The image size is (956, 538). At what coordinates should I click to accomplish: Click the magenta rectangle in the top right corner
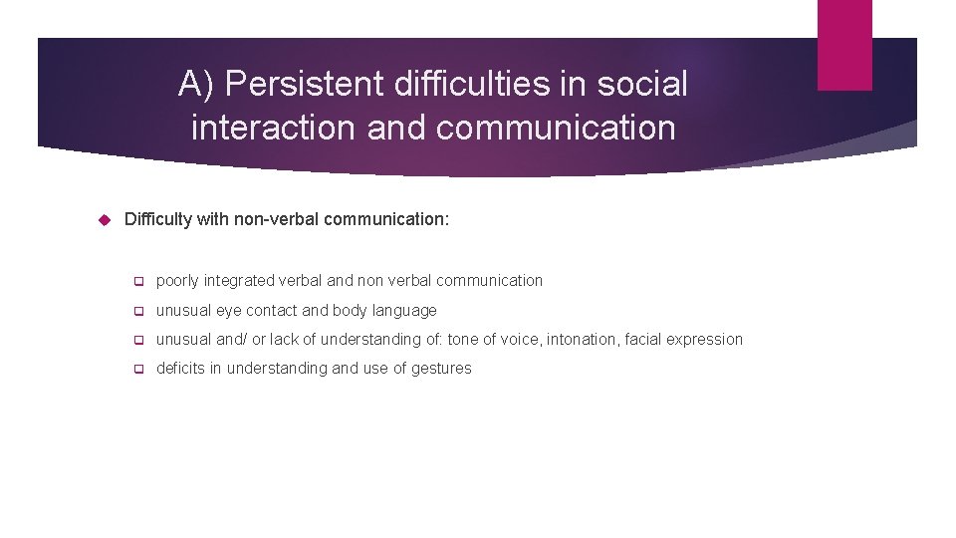click(x=844, y=45)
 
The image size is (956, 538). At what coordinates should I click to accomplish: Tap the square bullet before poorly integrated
click(x=139, y=282)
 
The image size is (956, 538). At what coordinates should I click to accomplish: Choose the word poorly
click(x=178, y=281)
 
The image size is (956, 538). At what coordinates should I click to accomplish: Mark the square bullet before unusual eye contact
click(x=139, y=311)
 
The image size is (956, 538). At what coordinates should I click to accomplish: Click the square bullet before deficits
click(x=139, y=369)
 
